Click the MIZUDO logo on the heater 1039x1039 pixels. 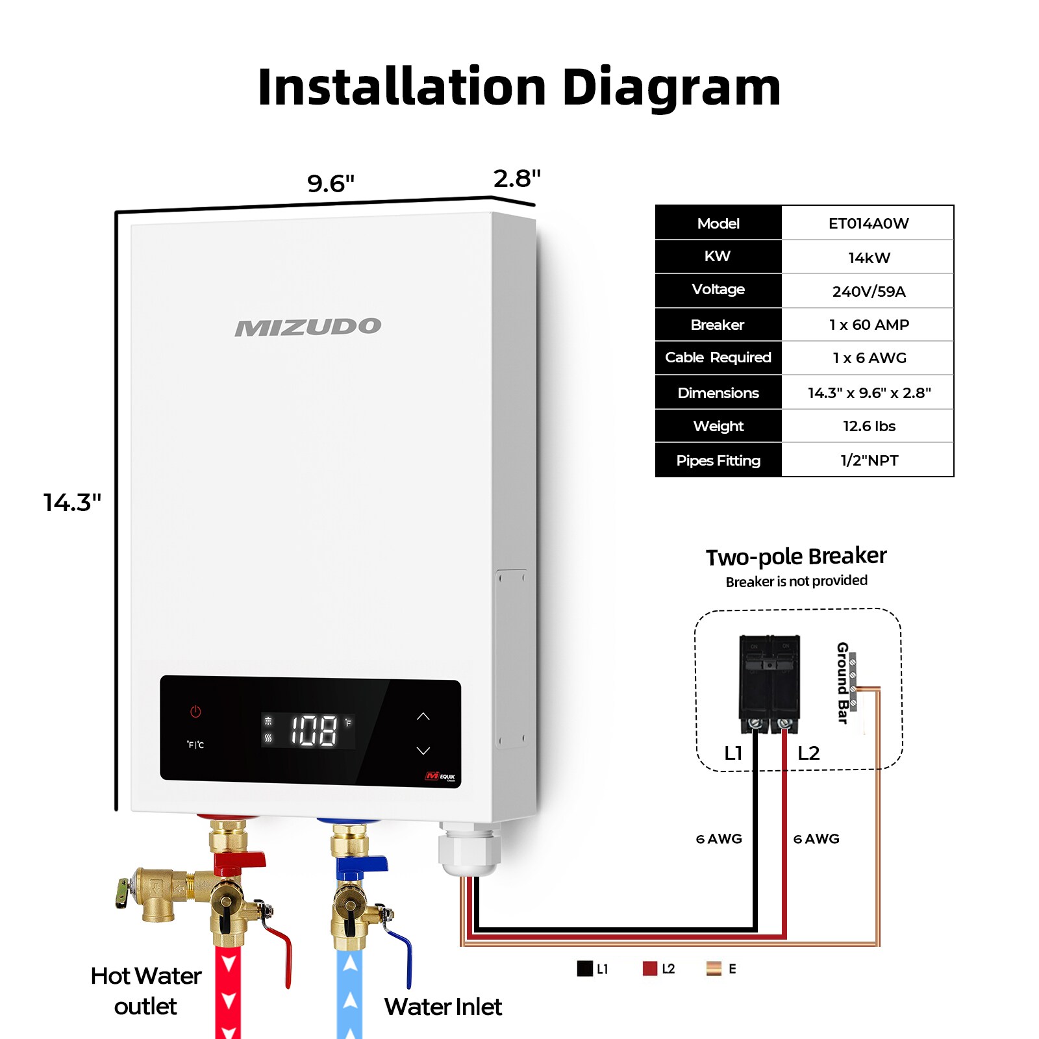pyautogui.click(x=308, y=327)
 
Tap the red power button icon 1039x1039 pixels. pyautogui.click(x=195, y=712)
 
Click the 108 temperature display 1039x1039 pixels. pyautogui.click(x=314, y=731)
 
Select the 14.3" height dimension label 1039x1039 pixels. pyautogui.click(x=72, y=503)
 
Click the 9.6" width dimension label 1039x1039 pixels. pyautogui.click(x=331, y=184)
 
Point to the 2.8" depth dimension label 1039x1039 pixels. pyautogui.click(x=516, y=179)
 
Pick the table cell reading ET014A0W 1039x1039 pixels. pyautogui.click(x=868, y=223)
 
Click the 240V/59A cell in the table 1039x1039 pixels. pyautogui.click(x=868, y=292)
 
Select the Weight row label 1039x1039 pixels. pyautogui.click(x=718, y=426)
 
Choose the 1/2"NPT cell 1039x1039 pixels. pyautogui.click(x=869, y=460)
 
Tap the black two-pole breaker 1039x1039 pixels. pyautogui.click(x=770, y=683)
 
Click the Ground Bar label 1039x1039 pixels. pyautogui.click(x=842, y=682)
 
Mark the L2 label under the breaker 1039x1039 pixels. pyautogui.click(x=808, y=753)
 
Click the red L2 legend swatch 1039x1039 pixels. pyautogui.click(x=649, y=969)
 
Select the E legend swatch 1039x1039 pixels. pyautogui.click(x=714, y=969)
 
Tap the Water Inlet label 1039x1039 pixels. pyautogui.click(x=443, y=1007)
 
